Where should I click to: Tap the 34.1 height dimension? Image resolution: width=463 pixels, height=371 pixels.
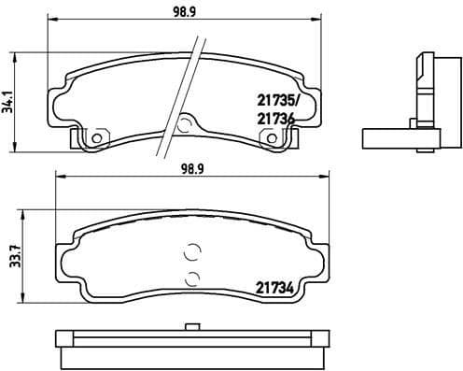tap(9, 95)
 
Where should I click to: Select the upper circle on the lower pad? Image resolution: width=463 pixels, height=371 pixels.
tap(193, 250)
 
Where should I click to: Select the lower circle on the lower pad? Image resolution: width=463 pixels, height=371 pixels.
tap(193, 278)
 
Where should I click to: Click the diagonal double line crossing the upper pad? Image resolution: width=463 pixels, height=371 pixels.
tap(182, 93)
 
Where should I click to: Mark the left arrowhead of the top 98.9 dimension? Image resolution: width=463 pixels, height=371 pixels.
tap(50, 26)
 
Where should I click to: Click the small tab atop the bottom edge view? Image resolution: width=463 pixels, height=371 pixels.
tap(192, 327)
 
